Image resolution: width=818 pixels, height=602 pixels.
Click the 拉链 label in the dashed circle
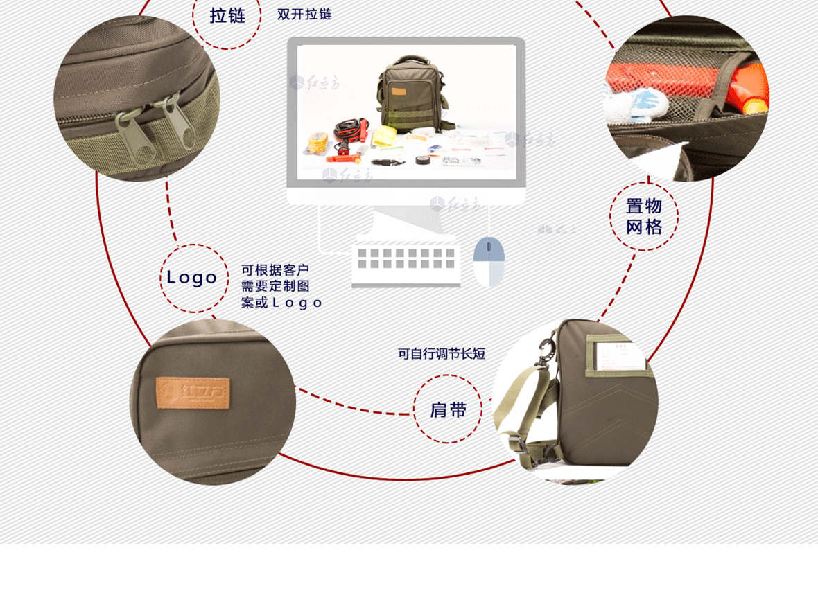[x=227, y=15]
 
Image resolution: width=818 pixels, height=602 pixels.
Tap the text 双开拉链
[x=304, y=14]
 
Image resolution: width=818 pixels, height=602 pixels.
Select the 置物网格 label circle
[x=644, y=216]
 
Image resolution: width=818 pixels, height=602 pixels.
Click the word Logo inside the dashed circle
[x=192, y=278]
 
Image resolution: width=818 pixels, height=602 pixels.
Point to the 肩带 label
[x=448, y=410]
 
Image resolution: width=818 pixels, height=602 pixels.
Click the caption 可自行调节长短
[x=442, y=353]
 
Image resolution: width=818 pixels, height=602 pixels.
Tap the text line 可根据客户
[x=275, y=270]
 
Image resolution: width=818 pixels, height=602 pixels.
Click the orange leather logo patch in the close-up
[x=192, y=393]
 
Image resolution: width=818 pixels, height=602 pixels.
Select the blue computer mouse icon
[x=489, y=261]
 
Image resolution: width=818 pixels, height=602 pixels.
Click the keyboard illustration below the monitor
[x=406, y=263]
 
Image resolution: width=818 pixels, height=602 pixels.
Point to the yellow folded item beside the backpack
[x=383, y=136]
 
